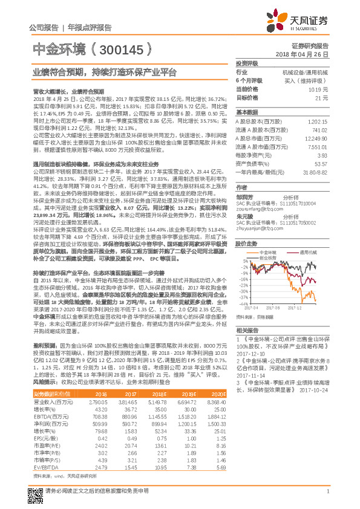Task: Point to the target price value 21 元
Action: pos(321,97)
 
